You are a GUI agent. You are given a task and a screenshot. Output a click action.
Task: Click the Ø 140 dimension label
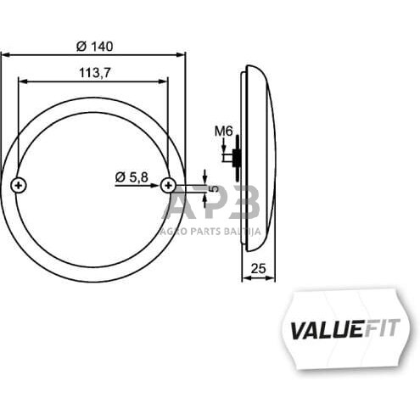93,45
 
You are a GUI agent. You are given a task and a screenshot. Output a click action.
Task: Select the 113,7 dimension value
93,73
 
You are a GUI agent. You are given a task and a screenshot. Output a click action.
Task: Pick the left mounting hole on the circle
19,184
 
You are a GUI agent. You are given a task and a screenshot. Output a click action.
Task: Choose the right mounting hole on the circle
168,184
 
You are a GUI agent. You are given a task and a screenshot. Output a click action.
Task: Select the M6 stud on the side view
234,157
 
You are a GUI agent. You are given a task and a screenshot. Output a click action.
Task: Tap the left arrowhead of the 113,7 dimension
21,82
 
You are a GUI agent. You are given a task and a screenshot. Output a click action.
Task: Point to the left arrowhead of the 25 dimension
244,278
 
